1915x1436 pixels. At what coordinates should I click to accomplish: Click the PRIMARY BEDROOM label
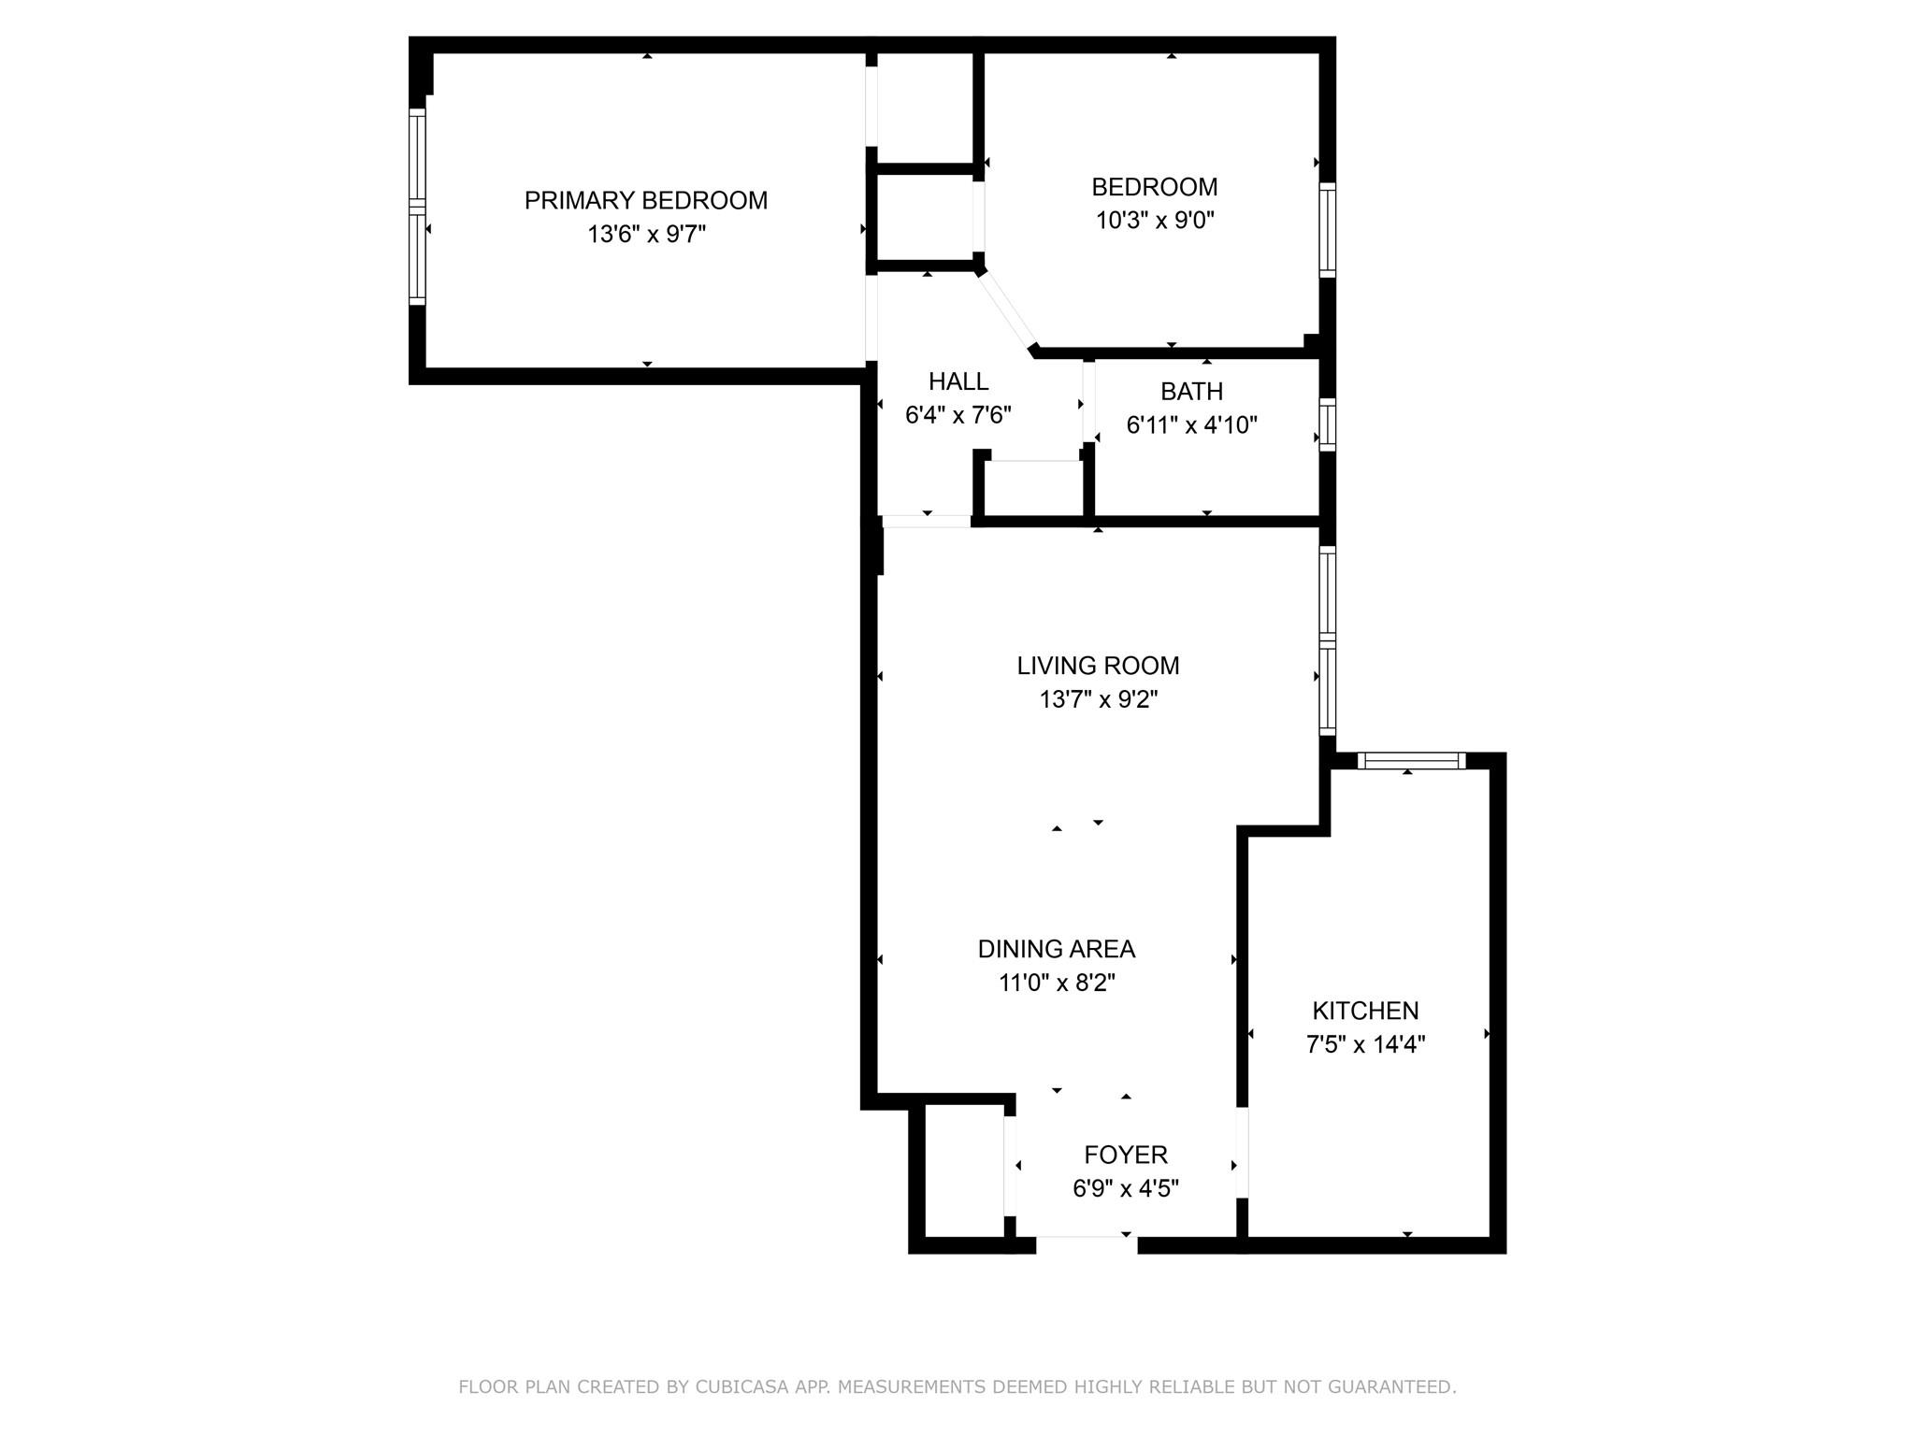(x=645, y=200)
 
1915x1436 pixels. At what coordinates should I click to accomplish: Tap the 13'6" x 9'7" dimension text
(x=645, y=234)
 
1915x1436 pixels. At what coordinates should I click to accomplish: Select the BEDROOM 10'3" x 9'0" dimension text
(x=1155, y=221)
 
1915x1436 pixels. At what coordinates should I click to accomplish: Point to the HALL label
(x=958, y=381)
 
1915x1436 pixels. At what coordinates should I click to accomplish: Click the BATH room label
(x=1191, y=391)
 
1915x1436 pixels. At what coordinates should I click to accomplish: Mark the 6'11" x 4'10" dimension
(x=1191, y=425)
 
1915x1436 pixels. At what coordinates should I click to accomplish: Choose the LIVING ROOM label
(x=1098, y=666)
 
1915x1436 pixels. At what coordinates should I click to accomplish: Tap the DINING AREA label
(x=1056, y=949)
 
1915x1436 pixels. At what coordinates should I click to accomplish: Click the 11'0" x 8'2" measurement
(x=1057, y=983)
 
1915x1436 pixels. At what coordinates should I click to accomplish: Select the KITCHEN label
(x=1365, y=1011)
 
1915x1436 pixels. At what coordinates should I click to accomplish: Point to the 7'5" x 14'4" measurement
(x=1365, y=1044)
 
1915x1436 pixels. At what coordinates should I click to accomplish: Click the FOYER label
(x=1126, y=1155)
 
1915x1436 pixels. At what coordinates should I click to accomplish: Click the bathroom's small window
(x=1327, y=425)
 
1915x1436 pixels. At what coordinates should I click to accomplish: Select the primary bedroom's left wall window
(x=417, y=206)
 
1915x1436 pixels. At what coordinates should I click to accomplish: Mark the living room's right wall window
(x=1327, y=640)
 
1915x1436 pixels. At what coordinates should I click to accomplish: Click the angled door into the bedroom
(x=1007, y=309)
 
